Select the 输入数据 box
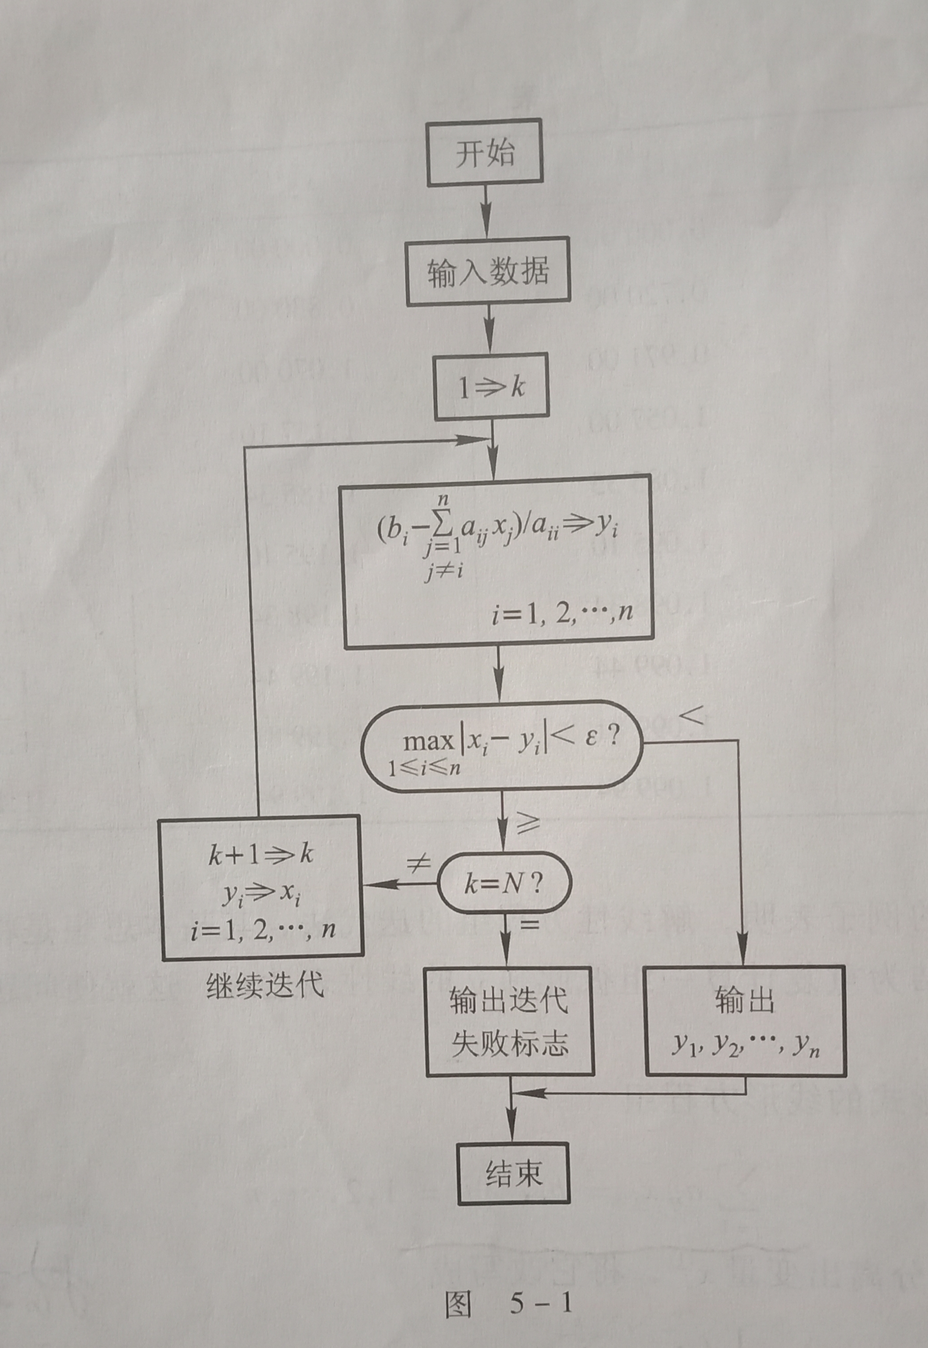pyautogui.click(x=487, y=271)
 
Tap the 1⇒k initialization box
pyautogui.click(x=492, y=387)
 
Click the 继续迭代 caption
pyautogui.click(x=265, y=985)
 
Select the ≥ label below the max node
pyautogui.click(x=526, y=823)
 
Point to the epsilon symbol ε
pyautogui.click(x=591, y=739)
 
